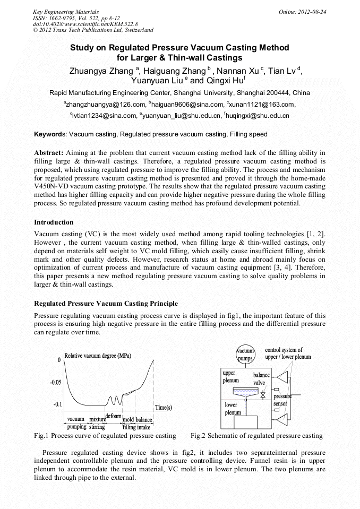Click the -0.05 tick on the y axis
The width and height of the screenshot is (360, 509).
tap(55, 382)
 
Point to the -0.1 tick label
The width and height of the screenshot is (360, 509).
tap(57, 404)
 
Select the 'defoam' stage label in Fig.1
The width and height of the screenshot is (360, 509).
tap(114, 416)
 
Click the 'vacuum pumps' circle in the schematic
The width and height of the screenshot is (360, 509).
tap(245, 354)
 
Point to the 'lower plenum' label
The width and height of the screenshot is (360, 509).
tap(233, 408)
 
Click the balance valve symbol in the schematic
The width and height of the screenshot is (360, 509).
tap(263, 395)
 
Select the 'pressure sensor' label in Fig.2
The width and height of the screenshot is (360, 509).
tap(282, 400)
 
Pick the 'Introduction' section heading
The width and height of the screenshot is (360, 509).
tap(54, 222)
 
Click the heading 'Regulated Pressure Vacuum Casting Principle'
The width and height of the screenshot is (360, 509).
tap(106, 304)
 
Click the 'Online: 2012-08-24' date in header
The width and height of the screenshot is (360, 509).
tap(303, 11)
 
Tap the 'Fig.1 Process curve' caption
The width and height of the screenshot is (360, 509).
tap(105, 436)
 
